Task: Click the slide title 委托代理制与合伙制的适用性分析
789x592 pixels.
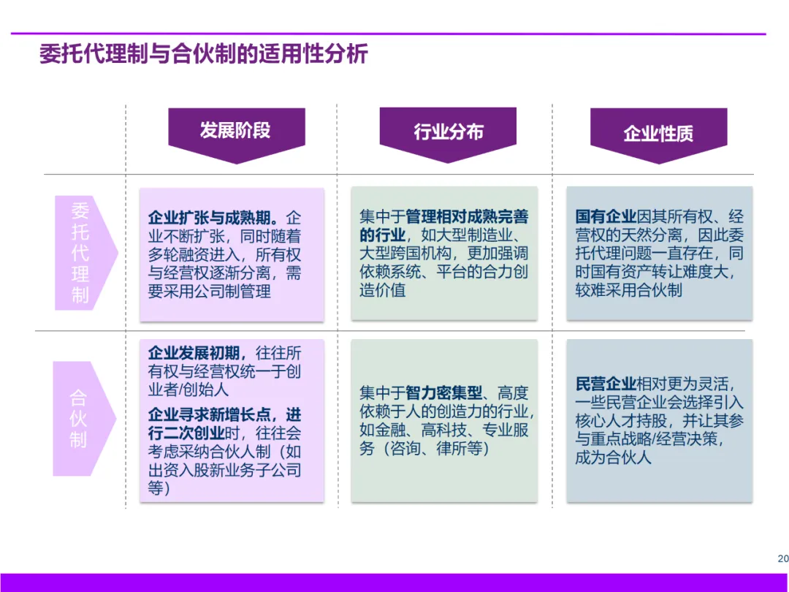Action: [204, 56]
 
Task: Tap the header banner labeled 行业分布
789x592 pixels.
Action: [448, 132]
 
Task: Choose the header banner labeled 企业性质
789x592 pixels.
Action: [658, 133]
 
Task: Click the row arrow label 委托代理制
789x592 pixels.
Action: [80, 252]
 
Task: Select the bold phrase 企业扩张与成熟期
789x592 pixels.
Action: [212, 218]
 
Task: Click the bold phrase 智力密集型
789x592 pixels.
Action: [445, 393]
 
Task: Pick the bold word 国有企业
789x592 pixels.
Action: [606, 217]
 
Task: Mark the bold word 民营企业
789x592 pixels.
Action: [606, 384]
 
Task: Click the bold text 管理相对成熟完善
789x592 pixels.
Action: [467, 217]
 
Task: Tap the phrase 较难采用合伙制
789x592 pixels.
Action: [628, 290]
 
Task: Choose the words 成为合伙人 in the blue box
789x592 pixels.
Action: [613, 458]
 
